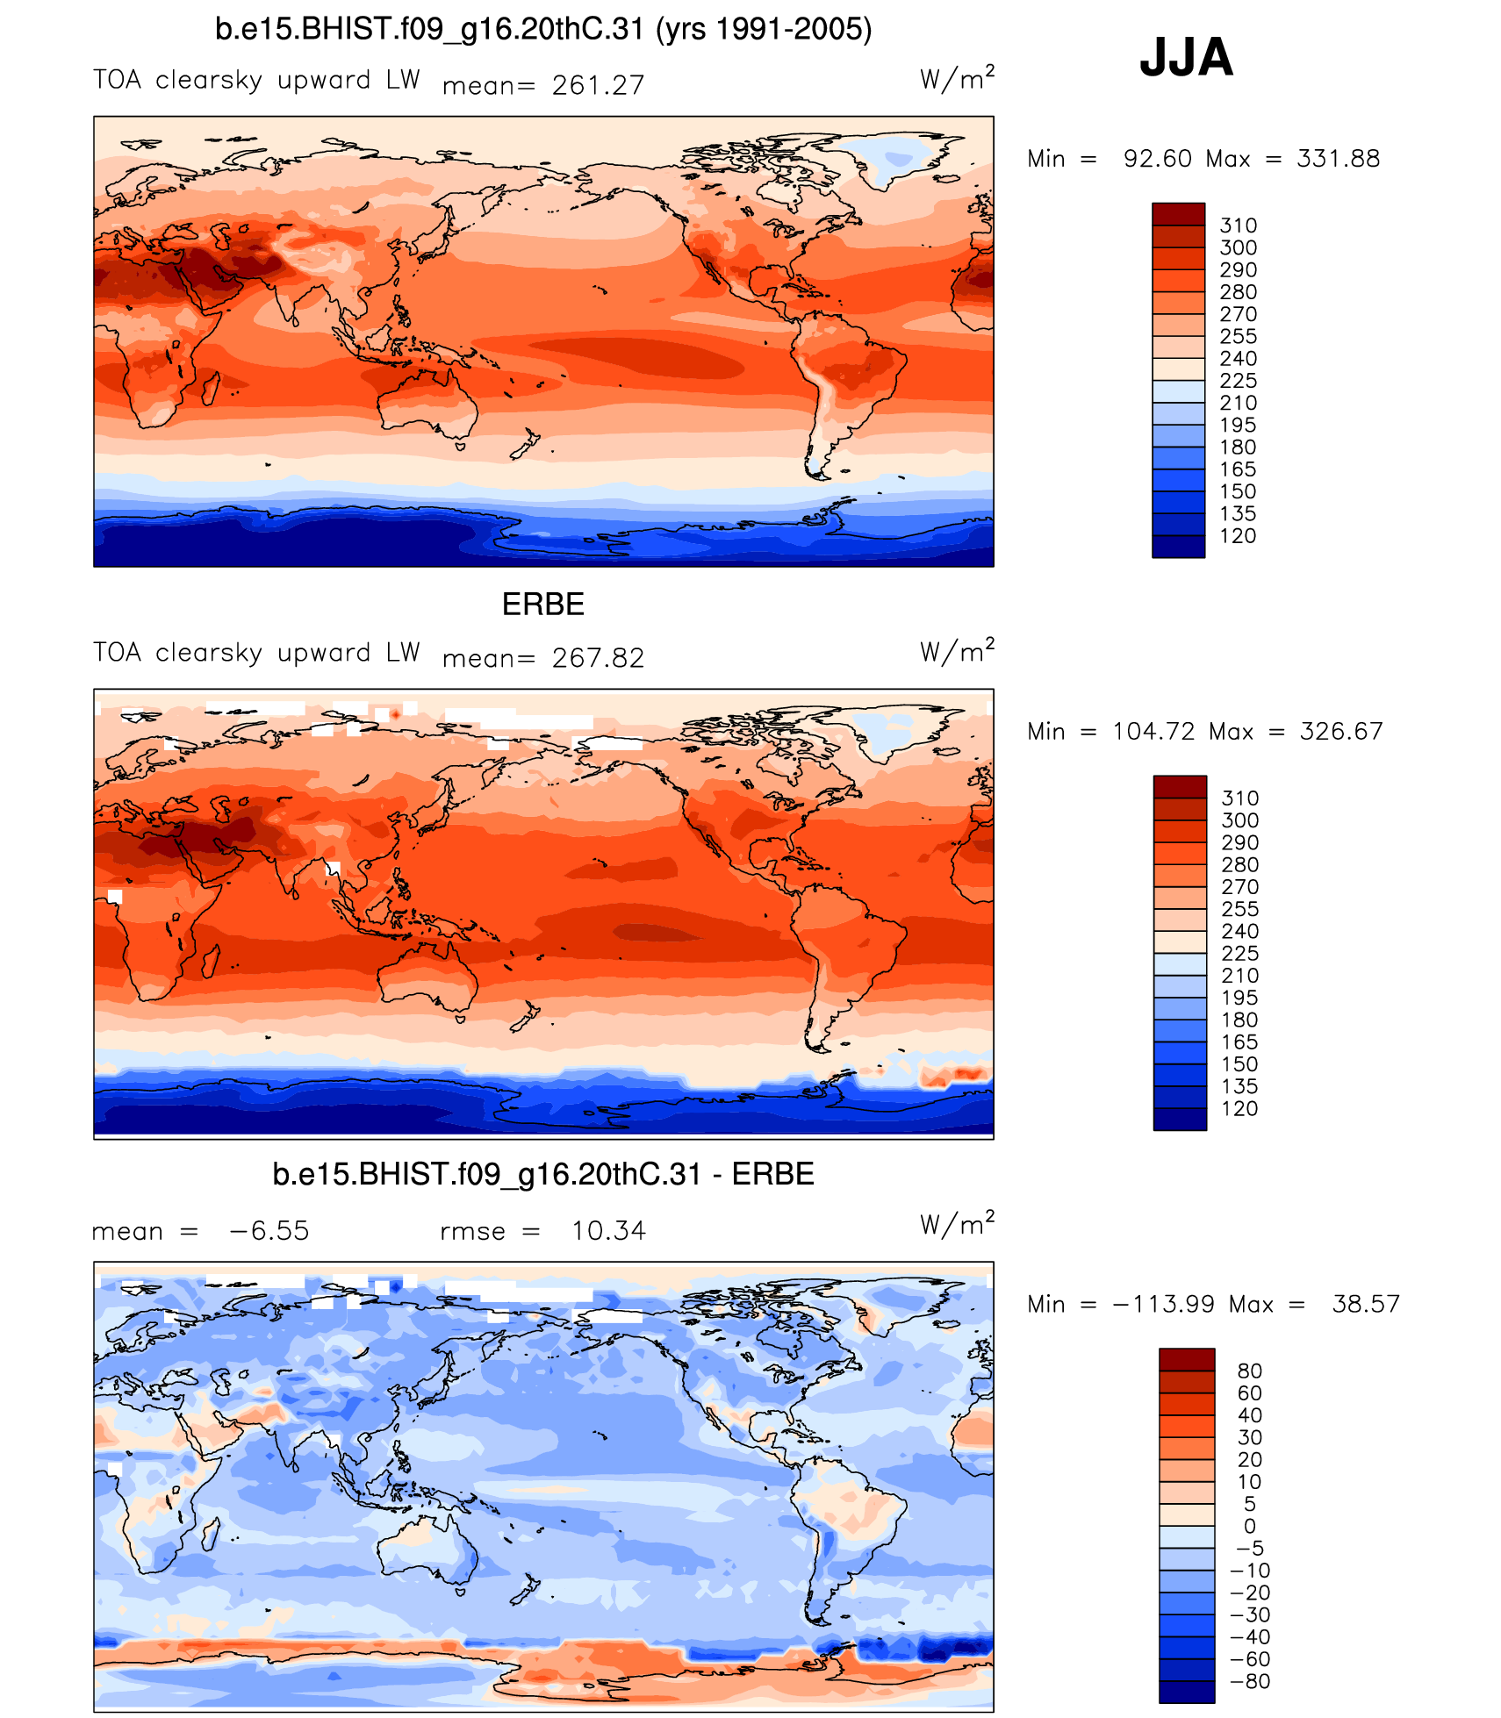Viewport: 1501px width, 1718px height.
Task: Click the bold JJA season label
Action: point(1186,58)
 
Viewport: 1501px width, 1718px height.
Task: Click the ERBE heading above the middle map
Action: point(542,605)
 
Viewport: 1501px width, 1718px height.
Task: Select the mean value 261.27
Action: point(598,85)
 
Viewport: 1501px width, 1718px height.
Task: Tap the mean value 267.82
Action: point(598,658)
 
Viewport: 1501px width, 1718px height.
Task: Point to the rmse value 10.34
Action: point(608,1231)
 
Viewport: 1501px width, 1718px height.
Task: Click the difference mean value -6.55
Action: point(269,1231)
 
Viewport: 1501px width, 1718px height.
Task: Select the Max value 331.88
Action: point(1338,159)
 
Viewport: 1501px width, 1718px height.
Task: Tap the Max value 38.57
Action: point(1365,1305)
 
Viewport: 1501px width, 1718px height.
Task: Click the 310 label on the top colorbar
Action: point(1238,225)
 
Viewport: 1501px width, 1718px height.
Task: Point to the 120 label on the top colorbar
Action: point(1238,536)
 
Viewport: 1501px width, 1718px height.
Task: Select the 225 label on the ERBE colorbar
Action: point(1239,954)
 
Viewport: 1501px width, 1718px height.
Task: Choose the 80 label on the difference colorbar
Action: point(1249,1371)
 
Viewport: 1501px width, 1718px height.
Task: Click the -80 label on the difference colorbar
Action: point(1249,1682)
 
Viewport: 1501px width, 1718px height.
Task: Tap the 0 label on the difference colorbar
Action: point(1249,1527)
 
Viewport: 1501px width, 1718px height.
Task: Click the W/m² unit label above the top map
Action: point(957,79)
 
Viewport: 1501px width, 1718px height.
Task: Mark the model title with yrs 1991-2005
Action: point(543,30)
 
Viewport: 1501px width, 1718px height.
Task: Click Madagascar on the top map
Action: point(211,387)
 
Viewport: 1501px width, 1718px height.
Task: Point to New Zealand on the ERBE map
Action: point(525,1018)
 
